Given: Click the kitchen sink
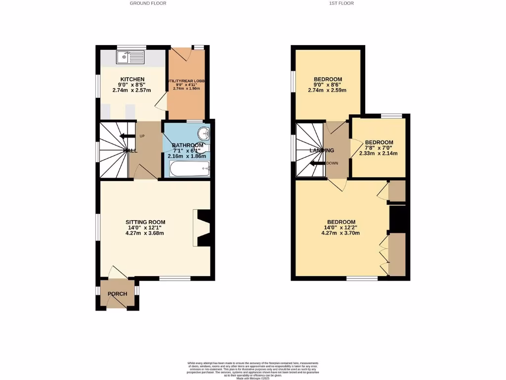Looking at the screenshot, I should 130,58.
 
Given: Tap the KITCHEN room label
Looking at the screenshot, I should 132,79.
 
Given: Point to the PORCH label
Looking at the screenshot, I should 117,294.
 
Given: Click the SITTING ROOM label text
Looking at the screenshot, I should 145,222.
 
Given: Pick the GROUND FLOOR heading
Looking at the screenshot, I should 148,3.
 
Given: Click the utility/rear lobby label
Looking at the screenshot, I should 186,81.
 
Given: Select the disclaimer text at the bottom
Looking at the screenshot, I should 253,371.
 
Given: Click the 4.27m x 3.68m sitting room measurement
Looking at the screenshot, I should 145,234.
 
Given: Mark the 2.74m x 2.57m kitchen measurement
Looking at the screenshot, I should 132,91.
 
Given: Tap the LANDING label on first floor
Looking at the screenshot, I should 322,150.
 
